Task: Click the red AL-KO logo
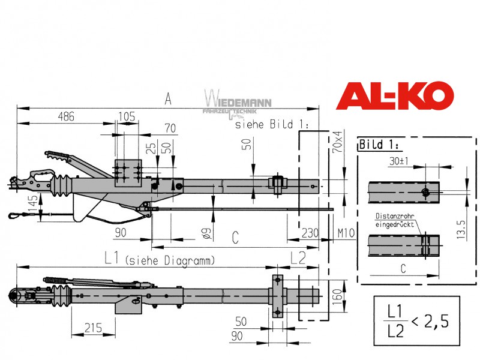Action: point(395,95)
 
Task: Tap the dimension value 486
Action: point(66,116)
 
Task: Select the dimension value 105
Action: point(127,116)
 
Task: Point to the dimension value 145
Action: point(33,203)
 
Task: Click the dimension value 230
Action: point(310,233)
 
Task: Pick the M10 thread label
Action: point(346,233)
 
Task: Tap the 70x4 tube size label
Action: point(337,142)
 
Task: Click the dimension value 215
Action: point(93,328)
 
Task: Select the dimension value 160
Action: point(337,296)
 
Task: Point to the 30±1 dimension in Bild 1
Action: point(398,161)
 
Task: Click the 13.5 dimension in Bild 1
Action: point(461,229)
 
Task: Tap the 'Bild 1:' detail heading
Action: point(379,144)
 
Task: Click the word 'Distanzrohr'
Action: point(395,216)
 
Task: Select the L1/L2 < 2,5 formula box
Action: point(416,320)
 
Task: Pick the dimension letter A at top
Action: point(168,99)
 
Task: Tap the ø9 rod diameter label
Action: point(206,233)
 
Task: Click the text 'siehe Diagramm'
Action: point(170,261)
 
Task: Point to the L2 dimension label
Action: point(298,258)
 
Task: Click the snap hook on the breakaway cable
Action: point(14,215)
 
